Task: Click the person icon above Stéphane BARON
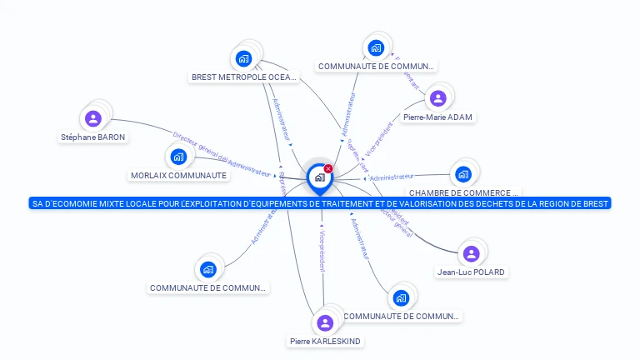click(x=93, y=118)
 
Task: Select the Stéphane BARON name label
click(x=94, y=137)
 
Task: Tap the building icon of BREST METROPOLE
click(x=243, y=58)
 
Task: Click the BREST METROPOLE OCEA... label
click(x=243, y=77)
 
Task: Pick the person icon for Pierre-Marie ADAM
click(x=437, y=99)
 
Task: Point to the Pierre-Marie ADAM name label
click(x=437, y=117)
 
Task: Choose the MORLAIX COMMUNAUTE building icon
click(x=178, y=157)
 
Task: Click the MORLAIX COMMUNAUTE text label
click(x=178, y=175)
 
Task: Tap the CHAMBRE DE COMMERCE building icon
click(x=462, y=175)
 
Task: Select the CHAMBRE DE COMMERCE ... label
click(x=462, y=192)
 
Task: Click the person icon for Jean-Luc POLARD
click(x=471, y=253)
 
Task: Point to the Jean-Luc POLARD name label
click(x=471, y=272)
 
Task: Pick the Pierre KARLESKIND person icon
click(x=325, y=322)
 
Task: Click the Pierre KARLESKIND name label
click(x=325, y=341)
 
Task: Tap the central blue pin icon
click(x=319, y=177)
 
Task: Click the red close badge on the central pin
click(x=328, y=169)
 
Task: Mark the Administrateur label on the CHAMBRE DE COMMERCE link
click(x=392, y=177)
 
